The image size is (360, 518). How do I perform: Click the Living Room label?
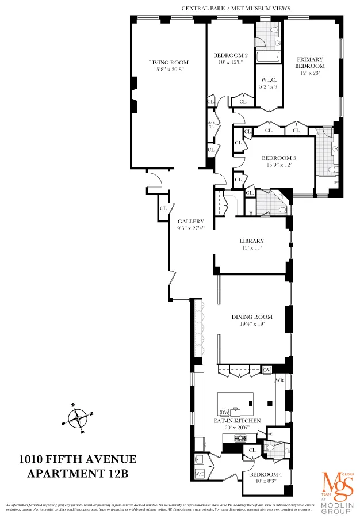[x=168, y=63]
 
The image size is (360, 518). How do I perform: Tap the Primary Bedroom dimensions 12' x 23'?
[x=310, y=73]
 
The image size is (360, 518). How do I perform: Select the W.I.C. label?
[x=269, y=80]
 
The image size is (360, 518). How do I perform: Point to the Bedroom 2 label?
[x=231, y=55]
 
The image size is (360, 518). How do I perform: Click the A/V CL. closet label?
[x=211, y=125]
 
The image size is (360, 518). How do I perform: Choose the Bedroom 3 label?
[x=279, y=158]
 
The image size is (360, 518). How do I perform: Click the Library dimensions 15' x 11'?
[x=251, y=248]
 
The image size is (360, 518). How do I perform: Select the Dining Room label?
[x=252, y=317]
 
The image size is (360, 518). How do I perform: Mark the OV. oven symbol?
[x=267, y=370]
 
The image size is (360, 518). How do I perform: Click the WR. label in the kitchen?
[x=280, y=381]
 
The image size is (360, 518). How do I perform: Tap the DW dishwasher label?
[x=225, y=413]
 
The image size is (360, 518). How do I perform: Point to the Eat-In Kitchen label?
[x=238, y=421]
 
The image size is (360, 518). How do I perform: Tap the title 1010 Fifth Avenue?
[x=78, y=459]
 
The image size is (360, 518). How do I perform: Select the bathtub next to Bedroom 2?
[x=267, y=56]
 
